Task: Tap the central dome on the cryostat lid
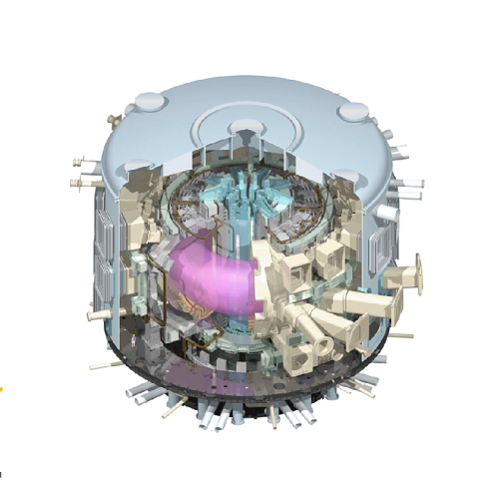(x=242, y=129)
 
